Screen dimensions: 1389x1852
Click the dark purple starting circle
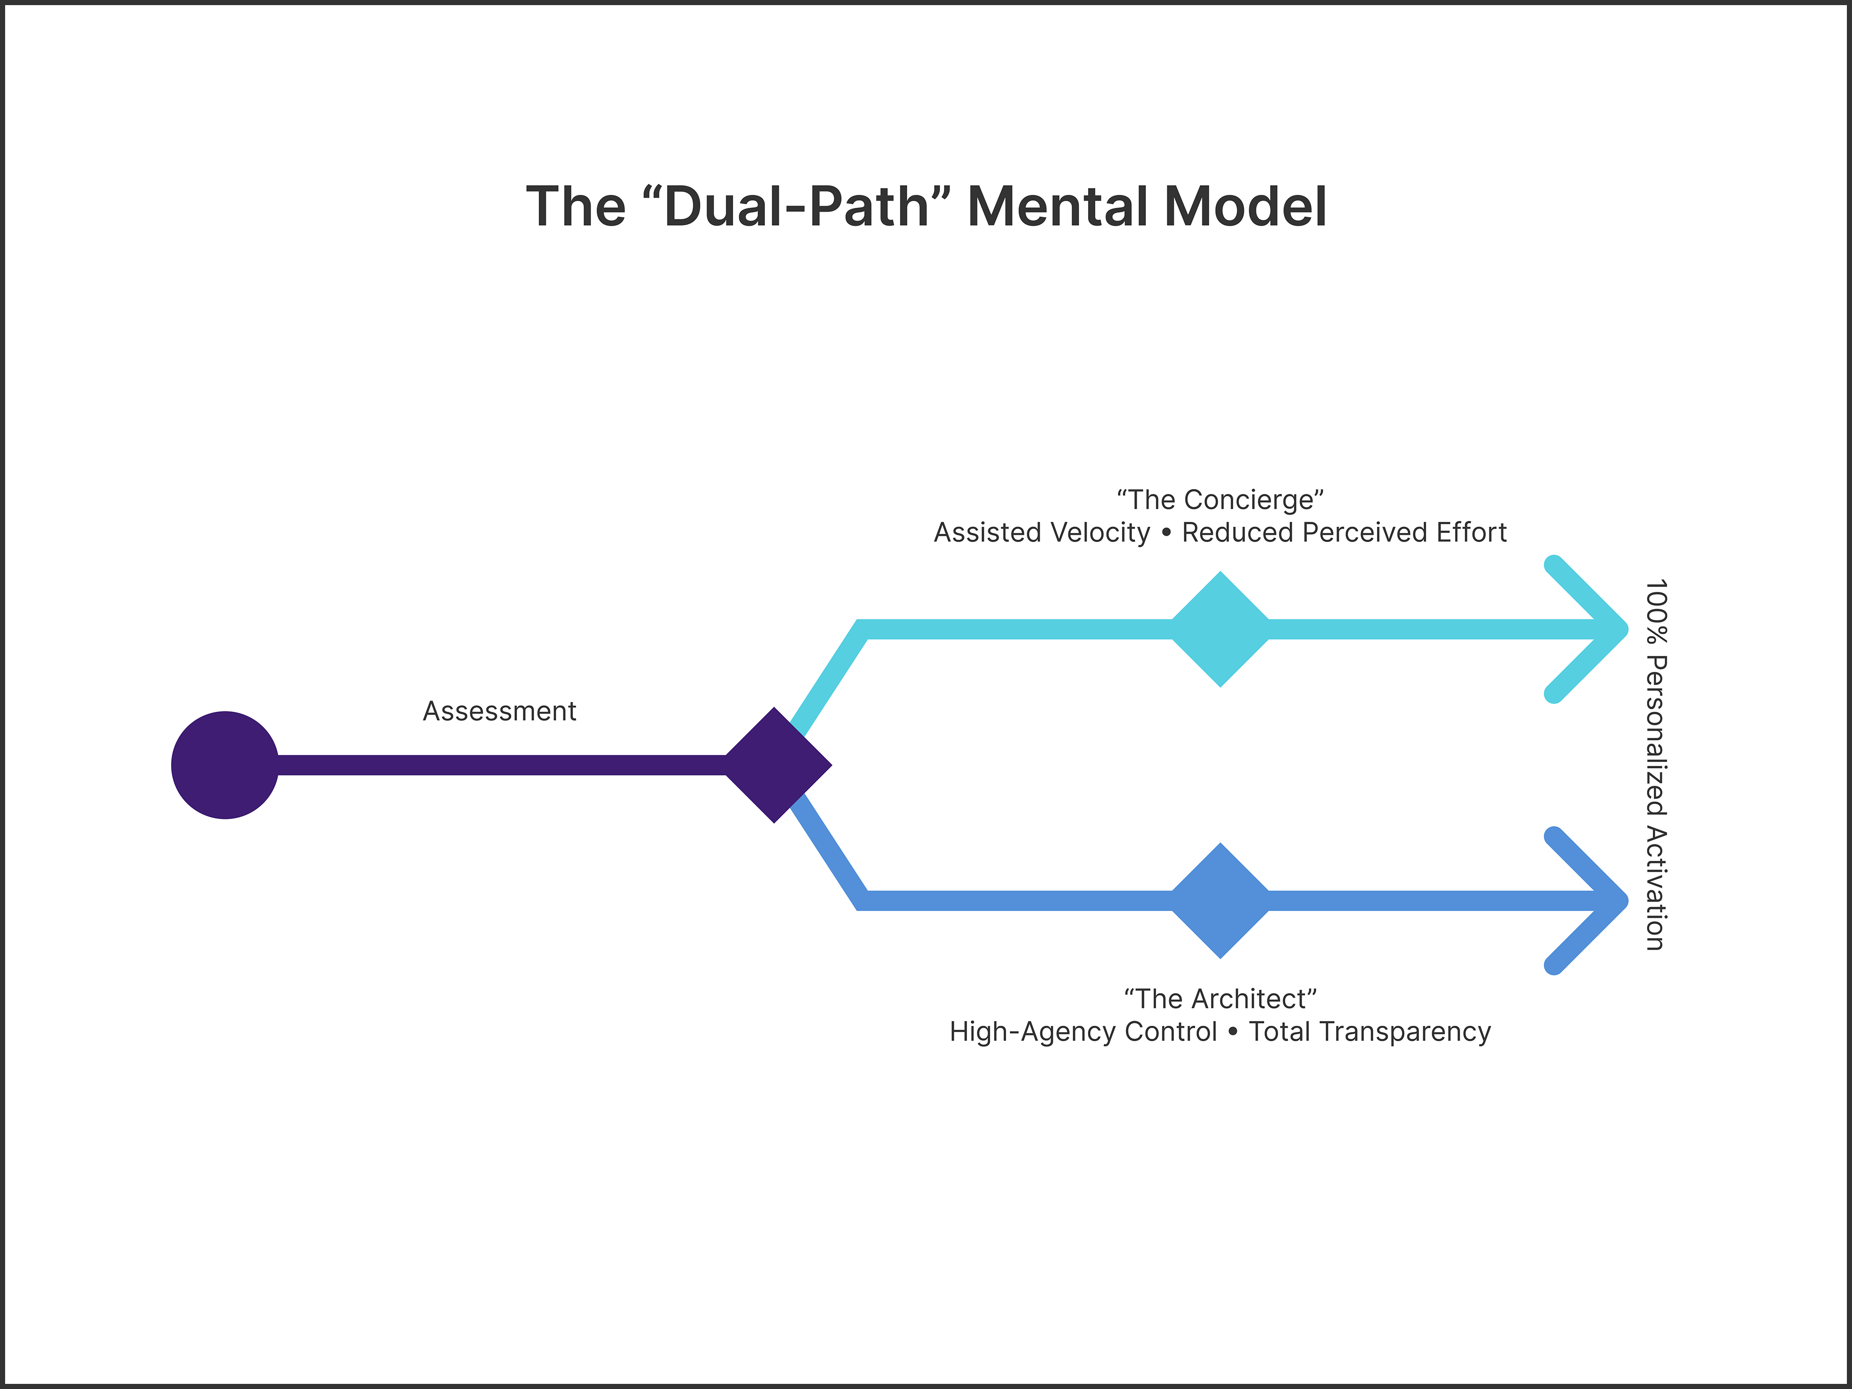coord(224,764)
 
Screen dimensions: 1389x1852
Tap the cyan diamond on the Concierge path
coord(1220,629)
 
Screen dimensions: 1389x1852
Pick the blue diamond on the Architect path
coord(1220,900)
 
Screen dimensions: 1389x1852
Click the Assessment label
coord(499,711)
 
